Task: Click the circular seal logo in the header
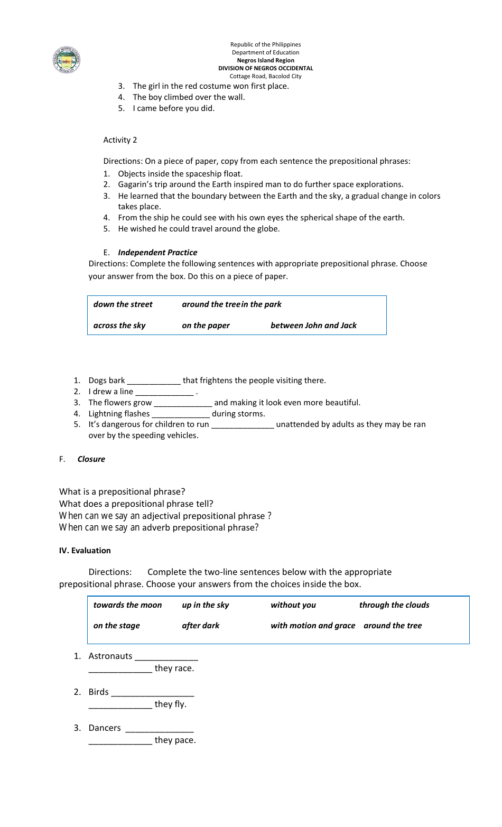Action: (x=67, y=60)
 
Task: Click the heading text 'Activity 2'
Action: (x=120, y=140)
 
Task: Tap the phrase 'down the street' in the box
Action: (x=123, y=304)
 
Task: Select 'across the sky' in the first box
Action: (x=119, y=326)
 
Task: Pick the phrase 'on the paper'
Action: (x=206, y=326)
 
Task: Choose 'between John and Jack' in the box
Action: (x=313, y=326)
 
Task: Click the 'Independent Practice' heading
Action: (x=157, y=253)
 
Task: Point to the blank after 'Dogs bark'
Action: (x=154, y=381)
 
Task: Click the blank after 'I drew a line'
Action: (x=164, y=392)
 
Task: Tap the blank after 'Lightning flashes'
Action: (x=181, y=414)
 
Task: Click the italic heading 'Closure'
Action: (x=91, y=459)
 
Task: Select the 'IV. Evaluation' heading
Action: (x=85, y=551)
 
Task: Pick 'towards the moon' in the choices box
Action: (x=127, y=605)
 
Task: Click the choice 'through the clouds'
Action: (x=394, y=605)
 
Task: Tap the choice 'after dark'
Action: (x=200, y=626)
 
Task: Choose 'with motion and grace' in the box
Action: (x=313, y=626)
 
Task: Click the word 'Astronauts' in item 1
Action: (x=110, y=656)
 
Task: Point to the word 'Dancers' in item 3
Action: (x=105, y=728)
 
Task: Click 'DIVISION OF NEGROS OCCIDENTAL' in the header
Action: (x=265, y=68)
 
